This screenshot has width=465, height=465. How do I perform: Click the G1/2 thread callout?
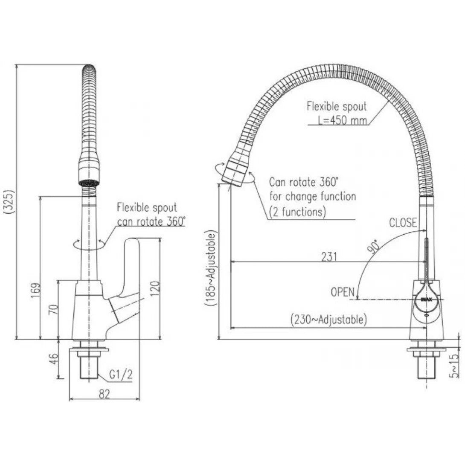(x=121, y=375)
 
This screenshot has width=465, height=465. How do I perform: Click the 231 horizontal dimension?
(x=329, y=256)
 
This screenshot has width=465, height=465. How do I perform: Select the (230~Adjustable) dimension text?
(x=328, y=320)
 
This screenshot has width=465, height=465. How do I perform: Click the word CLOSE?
(x=403, y=223)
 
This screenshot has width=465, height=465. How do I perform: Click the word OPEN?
(x=343, y=292)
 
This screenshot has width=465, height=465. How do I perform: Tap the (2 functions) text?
(x=297, y=211)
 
